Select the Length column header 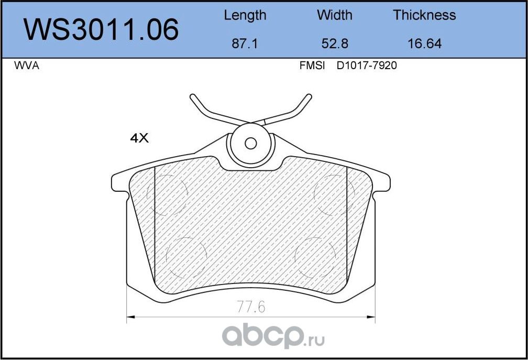coord(245,15)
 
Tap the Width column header coord(335,15)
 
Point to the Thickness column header coord(424,15)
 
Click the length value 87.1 coord(245,43)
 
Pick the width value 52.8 coord(335,43)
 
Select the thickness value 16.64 coord(424,43)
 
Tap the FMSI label coord(312,66)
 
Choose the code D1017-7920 coord(367,66)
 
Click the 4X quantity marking coord(139,138)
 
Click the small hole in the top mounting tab coord(251,143)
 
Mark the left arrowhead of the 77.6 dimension coord(130,317)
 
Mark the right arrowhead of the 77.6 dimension coord(372,317)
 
